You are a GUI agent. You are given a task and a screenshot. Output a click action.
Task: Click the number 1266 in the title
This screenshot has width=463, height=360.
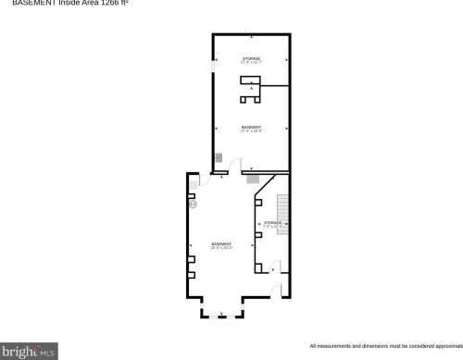[106, 4]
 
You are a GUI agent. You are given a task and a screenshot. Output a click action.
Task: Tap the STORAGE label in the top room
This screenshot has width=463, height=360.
[252, 57]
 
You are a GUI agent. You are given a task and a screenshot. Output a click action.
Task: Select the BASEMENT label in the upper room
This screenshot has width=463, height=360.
[251, 126]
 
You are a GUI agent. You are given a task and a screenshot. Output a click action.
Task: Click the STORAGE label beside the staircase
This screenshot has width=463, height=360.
[272, 222]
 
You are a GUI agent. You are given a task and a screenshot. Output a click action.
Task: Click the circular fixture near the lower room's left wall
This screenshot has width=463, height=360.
[194, 205]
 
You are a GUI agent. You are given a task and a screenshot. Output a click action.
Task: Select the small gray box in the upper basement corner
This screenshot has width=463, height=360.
[219, 158]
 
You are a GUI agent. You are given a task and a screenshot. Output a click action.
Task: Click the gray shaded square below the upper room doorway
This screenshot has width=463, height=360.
[253, 177]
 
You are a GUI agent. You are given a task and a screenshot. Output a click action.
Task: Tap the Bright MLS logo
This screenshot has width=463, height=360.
[29, 352]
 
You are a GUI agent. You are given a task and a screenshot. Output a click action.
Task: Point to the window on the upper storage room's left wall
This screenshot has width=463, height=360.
[213, 68]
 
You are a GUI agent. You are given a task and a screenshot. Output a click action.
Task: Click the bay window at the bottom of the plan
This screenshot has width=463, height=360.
[221, 317]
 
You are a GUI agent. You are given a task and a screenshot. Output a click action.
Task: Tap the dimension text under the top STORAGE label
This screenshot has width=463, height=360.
[252, 63]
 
